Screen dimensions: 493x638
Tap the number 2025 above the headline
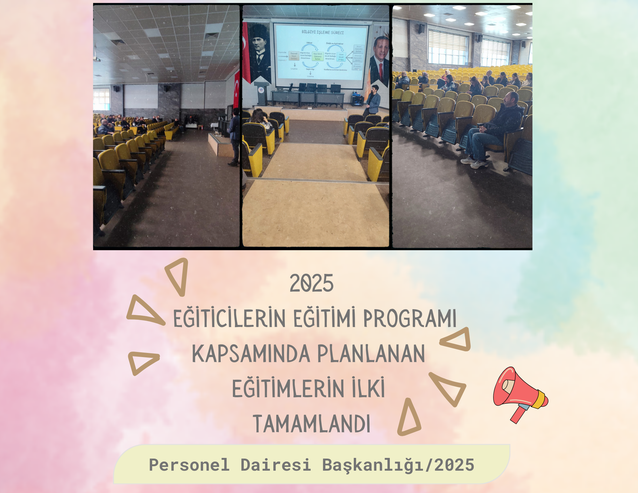point(311,283)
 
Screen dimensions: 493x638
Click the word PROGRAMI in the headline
point(410,318)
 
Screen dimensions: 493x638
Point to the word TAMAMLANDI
point(311,424)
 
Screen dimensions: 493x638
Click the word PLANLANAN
point(371,354)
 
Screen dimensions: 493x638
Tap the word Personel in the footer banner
point(189,465)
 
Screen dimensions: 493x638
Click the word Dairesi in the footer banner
point(276,465)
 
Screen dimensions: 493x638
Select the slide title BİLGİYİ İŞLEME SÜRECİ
point(323,32)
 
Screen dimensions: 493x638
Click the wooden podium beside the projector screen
point(262,93)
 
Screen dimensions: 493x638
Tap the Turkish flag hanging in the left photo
point(237,89)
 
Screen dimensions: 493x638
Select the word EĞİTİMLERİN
point(288,389)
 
